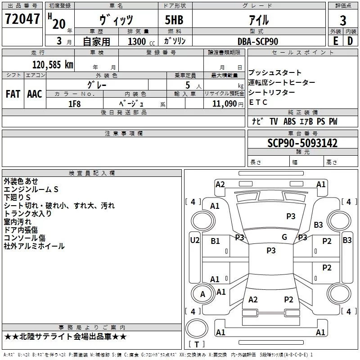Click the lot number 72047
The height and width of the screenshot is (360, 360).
tap(22, 19)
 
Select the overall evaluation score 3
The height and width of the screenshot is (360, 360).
tap(343, 20)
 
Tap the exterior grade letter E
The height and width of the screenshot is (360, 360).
tap(335, 40)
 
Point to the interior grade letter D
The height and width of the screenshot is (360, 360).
tap(350, 40)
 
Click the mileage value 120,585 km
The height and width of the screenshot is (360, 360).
tap(53, 64)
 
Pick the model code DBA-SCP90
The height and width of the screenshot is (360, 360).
tap(258, 41)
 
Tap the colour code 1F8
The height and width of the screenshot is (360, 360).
tap(74, 103)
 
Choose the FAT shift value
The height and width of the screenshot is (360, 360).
tap(13, 94)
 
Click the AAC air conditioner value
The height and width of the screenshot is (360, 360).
tap(35, 94)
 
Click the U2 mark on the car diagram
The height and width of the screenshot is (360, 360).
tap(194, 240)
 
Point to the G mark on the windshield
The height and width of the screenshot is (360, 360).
tap(284, 237)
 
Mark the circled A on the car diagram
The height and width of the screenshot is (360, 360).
tap(202, 294)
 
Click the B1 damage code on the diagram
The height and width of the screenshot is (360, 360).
tap(216, 241)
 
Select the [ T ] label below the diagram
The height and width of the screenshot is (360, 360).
tap(196, 345)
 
